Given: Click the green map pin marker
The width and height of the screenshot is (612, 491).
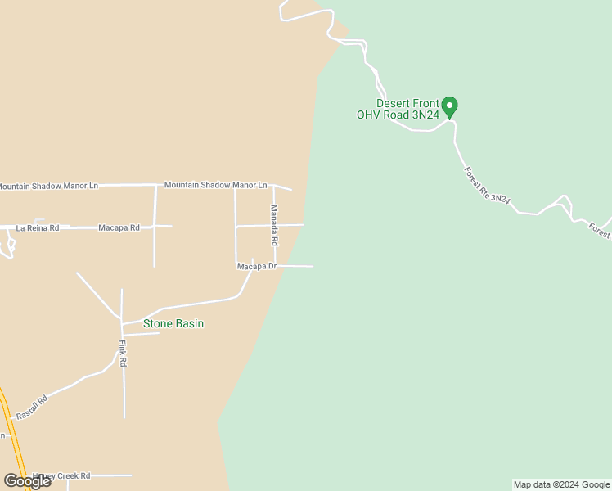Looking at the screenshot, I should pos(449,106).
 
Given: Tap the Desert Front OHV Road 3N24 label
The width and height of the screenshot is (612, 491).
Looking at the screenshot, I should pos(398,110).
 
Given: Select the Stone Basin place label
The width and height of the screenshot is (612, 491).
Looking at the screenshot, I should pos(173,324).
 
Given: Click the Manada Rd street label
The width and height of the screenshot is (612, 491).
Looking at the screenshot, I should pos(275,226).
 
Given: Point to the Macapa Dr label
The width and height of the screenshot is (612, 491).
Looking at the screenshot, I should pos(257,267).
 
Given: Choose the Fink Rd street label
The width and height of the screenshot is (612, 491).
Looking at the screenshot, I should pos(123,354).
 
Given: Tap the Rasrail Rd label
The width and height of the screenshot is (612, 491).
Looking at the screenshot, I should pos(32,408).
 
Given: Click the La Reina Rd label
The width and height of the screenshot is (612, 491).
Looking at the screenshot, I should pos(38,227).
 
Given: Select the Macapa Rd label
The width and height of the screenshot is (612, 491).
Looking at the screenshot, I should pos(119,227).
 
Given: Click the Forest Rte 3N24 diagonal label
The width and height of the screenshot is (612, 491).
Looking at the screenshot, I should pos(488,187).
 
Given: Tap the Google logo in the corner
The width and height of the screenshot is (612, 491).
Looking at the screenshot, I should pos(27,481).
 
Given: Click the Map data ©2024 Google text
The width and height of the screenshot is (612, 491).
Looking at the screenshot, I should pos(562,485).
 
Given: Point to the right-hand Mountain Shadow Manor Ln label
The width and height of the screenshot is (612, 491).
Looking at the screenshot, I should pos(215,186).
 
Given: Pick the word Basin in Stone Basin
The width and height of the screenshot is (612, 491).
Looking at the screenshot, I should pos(188,324).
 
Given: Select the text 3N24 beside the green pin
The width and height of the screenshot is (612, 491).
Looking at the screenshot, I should pos(425,115).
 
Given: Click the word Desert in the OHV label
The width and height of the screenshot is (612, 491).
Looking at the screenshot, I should pos(393,104).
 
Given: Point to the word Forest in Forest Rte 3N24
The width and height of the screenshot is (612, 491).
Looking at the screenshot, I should pos(472,175).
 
